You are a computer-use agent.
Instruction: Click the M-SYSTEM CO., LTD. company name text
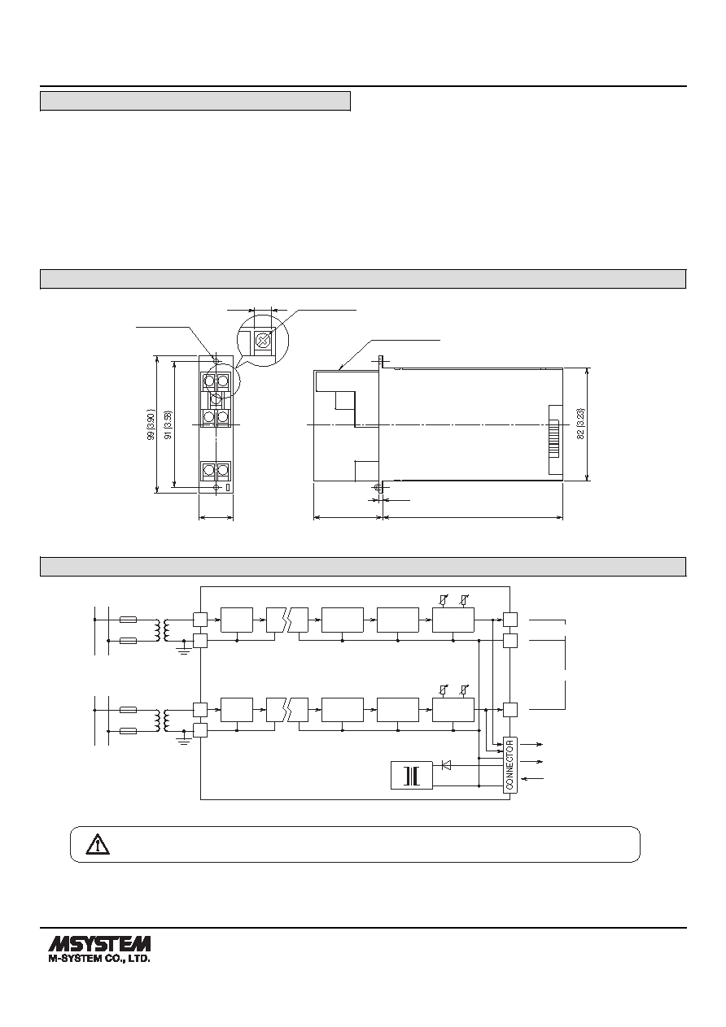(x=99, y=959)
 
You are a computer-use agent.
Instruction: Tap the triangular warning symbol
(x=98, y=844)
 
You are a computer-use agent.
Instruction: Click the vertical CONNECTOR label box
(x=510, y=764)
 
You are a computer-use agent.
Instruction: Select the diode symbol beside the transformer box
(x=445, y=764)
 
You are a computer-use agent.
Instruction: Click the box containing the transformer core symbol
(x=412, y=775)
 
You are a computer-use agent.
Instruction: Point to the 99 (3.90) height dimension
(x=151, y=424)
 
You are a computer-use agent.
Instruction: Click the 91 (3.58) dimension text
(x=168, y=424)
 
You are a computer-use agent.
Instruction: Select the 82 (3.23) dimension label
(x=580, y=424)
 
